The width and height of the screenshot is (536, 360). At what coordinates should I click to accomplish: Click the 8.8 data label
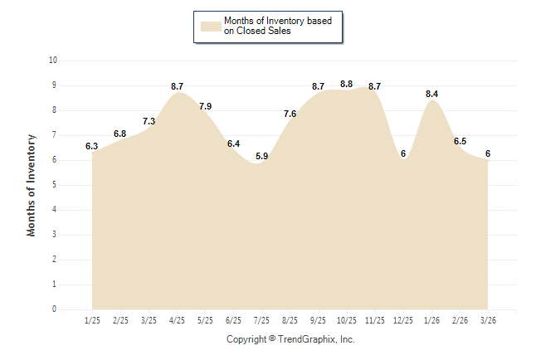(347, 84)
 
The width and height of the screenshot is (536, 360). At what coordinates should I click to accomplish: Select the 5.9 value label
(262, 156)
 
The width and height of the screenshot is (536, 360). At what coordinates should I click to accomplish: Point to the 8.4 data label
(432, 94)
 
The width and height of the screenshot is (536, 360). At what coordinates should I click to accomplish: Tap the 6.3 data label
(92, 146)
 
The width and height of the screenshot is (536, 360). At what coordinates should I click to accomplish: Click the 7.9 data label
(206, 106)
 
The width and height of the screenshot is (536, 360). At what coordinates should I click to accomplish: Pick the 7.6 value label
(290, 114)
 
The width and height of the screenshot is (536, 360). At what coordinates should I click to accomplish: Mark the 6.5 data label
(460, 141)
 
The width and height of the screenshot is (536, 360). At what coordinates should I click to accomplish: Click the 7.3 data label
(149, 121)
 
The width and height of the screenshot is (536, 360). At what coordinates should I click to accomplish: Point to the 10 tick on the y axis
(53, 61)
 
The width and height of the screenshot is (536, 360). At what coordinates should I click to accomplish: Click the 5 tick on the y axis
(55, 185)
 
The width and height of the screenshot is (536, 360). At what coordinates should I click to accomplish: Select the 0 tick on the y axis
(55, 309)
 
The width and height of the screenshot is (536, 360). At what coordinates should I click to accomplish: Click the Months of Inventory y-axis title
(32, 185)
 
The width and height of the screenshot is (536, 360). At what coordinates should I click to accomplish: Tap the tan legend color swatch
(211, 26)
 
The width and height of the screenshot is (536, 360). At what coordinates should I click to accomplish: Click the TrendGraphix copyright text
(290, 339)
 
